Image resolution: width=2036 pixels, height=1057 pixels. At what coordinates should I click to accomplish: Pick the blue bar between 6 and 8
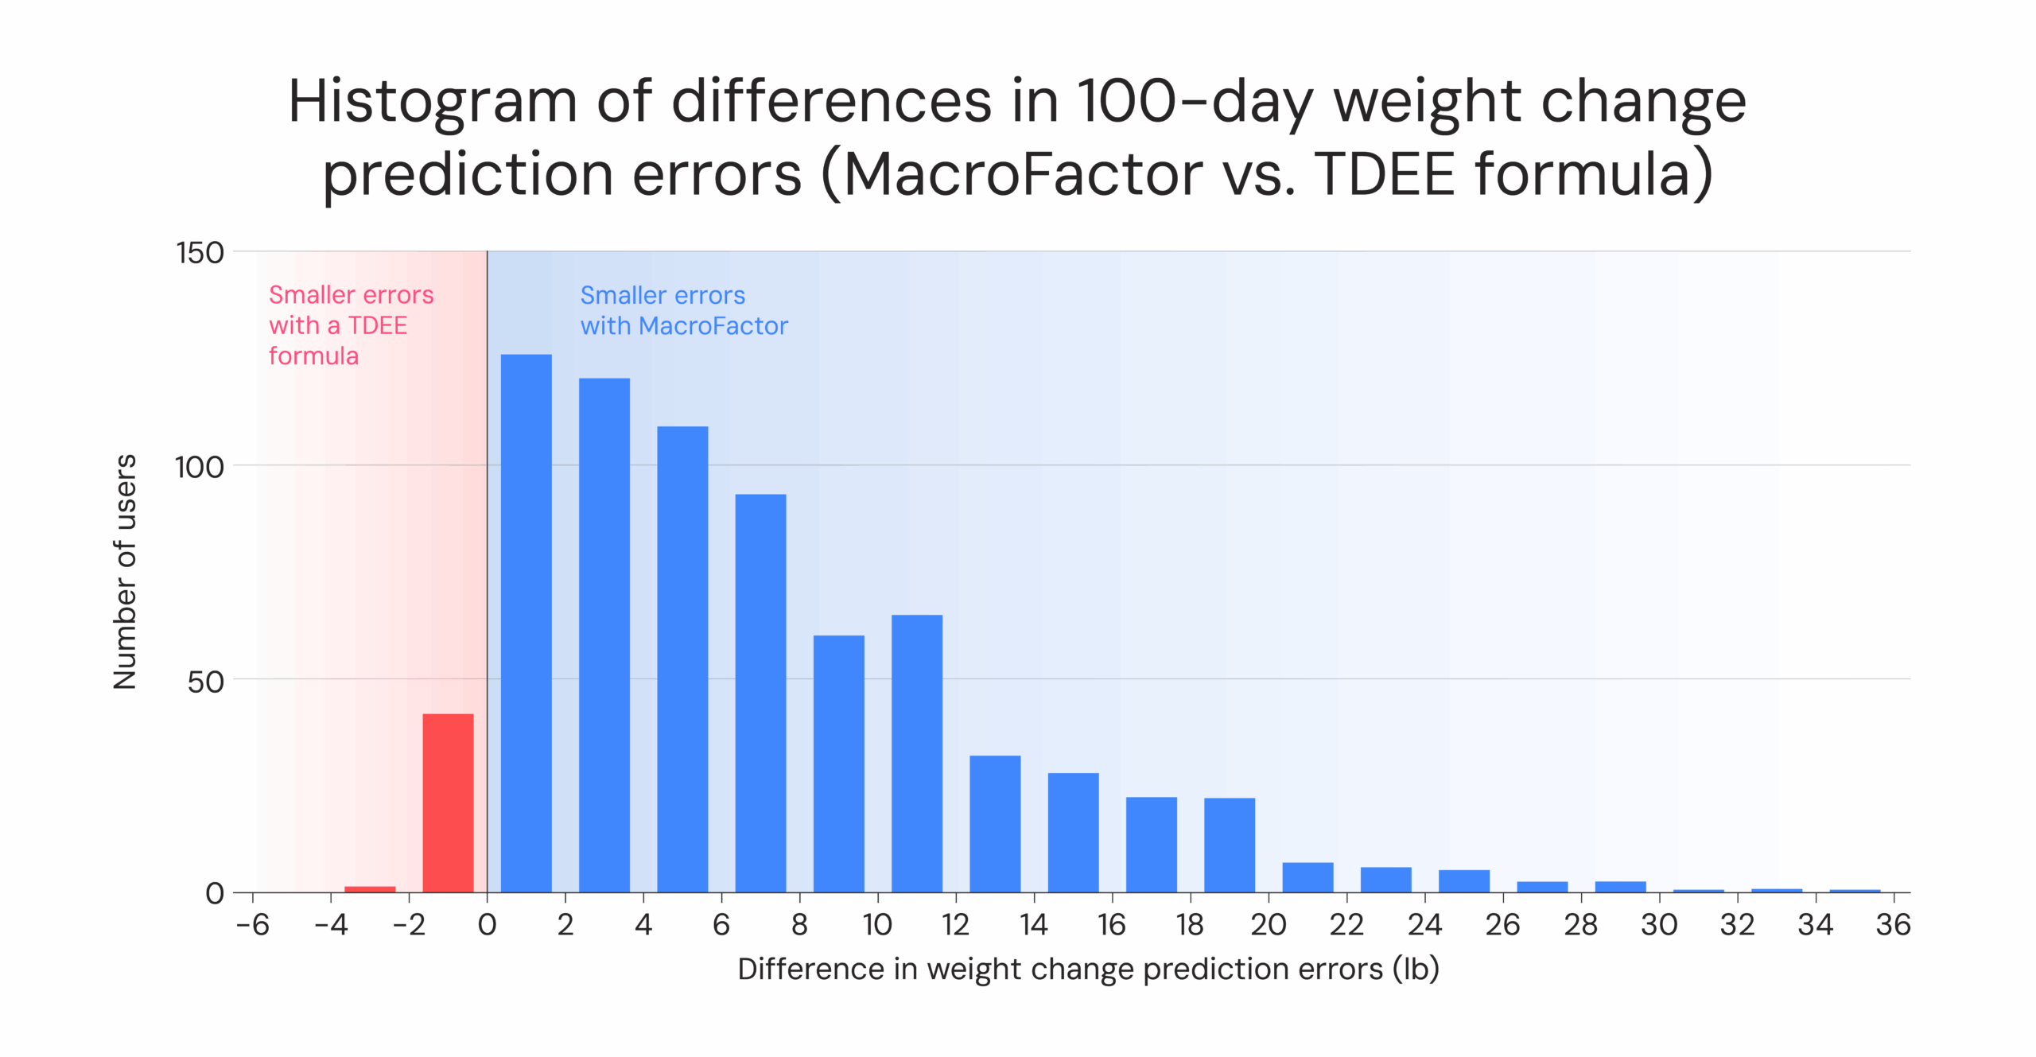click(760, 693)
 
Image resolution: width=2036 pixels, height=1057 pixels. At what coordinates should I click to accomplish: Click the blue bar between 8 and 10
click(838, 763)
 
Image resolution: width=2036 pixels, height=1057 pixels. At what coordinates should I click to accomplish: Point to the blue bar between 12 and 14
click(994, 823)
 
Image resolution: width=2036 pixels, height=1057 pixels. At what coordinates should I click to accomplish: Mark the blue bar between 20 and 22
click(1307, 876)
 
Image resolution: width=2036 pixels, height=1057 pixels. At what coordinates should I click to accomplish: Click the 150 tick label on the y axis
click(200, 253)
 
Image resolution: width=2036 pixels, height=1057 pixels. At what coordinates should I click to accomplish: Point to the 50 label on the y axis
click(205, 682)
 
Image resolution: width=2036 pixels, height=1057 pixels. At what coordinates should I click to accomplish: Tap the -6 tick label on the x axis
click(253, 924)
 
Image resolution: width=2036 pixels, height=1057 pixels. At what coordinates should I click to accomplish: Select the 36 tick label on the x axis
click(1893, 924)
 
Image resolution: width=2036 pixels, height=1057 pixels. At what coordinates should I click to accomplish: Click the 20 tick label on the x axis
click(1268, 924)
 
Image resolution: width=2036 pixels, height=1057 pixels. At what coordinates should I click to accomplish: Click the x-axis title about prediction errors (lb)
click(1088, 969)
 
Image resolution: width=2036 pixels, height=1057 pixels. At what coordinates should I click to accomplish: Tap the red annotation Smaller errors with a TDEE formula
click(350, 324)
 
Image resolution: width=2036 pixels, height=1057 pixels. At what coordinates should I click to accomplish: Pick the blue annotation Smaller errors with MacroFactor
click(683, 310)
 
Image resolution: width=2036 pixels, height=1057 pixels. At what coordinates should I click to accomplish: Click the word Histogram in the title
click(432, 102)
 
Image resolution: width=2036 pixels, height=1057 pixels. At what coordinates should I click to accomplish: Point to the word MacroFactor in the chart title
click(1023, 174)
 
